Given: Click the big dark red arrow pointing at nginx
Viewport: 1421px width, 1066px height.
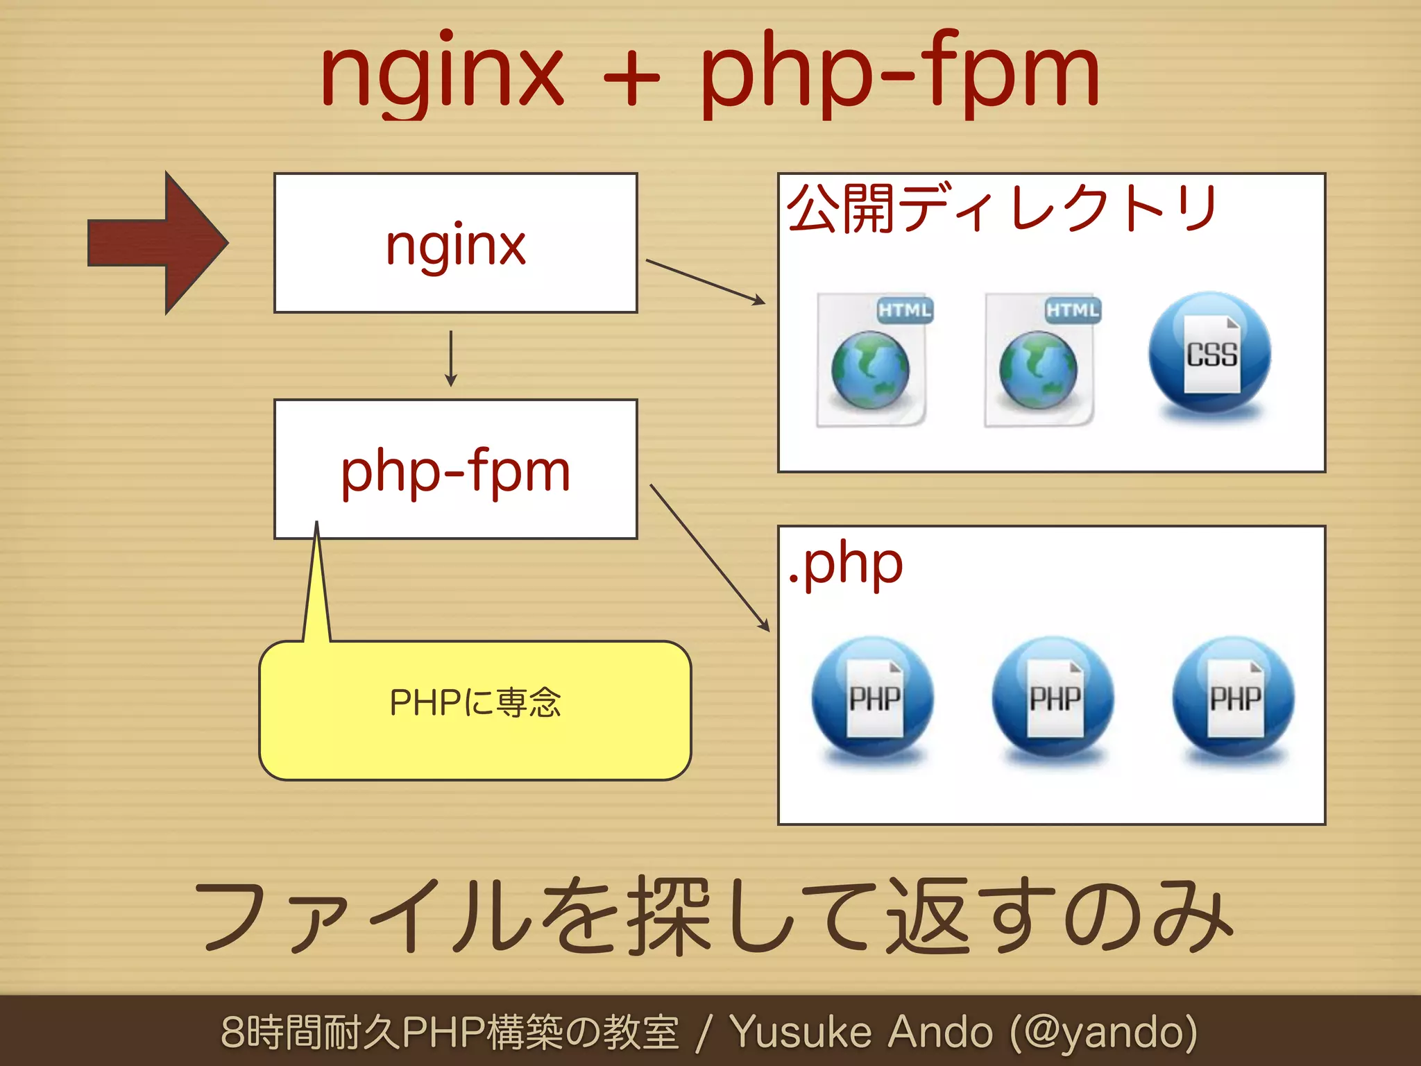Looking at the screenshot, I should pyautogui.click(x=156, y=243).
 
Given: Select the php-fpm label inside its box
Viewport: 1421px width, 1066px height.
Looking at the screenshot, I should pyautogui.click(x=456, y=471).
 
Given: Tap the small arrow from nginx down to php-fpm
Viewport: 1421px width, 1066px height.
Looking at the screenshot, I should pyautogui.click(x=451, y=358).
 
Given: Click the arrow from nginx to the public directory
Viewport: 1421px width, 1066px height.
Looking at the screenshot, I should pyautogui.click(x=705, y=281).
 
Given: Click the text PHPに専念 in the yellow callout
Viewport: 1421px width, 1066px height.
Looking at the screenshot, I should pyautogui.click(x=475, y=702).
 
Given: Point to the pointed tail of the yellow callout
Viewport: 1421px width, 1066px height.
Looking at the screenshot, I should pyautogui.click(x=316, y=583).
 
